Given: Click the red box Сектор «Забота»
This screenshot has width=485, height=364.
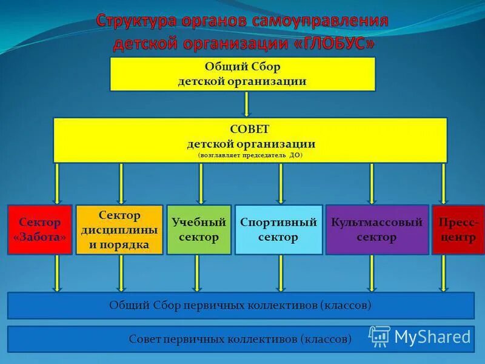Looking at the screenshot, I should point(40,229).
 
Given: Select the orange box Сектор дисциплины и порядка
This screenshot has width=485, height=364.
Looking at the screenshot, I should point(119,229).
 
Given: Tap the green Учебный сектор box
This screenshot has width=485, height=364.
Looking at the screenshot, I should point(199,229).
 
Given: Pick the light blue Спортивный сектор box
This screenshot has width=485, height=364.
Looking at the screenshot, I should point(278,229).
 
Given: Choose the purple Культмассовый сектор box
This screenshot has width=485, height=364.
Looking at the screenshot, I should point(376,229).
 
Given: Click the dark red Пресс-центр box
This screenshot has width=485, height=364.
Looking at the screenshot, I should point(458,229).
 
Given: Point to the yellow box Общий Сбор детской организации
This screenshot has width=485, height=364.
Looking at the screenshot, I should point(242,74).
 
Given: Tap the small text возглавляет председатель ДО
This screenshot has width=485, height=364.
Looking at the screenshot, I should point(250,155).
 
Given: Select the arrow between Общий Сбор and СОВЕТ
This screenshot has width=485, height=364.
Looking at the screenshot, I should point(247,104).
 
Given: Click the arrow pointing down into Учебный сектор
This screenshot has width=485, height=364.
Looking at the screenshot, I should point(201,183).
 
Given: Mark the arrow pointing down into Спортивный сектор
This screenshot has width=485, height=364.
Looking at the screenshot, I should point(281,183).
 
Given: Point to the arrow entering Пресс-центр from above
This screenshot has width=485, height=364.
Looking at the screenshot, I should point(444,183).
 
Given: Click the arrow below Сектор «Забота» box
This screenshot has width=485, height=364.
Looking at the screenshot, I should point(57,273).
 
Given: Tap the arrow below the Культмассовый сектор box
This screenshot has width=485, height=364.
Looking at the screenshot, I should point(372,273).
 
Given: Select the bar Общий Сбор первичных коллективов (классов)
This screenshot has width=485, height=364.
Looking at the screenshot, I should point(241,305).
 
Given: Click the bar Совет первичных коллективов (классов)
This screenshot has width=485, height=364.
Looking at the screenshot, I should point(241,339).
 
